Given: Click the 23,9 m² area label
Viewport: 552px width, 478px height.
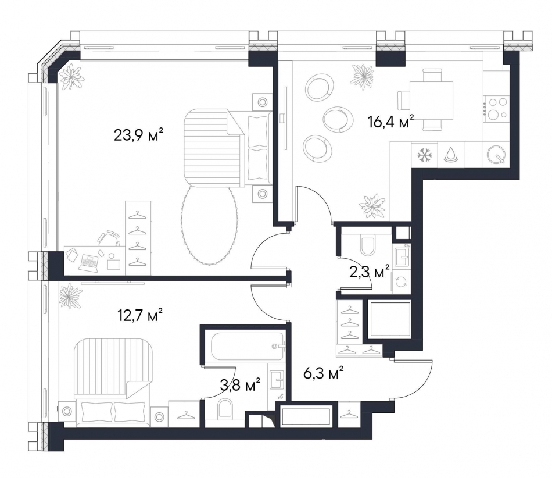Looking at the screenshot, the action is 138,134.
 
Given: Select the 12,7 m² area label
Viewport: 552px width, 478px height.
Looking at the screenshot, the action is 140,316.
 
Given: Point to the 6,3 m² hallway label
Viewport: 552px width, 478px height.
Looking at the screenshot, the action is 323,374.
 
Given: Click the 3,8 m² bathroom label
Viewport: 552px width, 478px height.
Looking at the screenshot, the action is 240,384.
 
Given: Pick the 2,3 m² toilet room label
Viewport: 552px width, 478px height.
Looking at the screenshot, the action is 370,272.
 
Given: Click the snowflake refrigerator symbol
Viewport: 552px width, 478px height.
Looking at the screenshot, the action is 425,155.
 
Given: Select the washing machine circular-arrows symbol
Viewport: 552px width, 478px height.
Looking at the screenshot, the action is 402,281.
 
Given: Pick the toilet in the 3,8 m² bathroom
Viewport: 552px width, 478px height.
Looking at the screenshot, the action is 225,409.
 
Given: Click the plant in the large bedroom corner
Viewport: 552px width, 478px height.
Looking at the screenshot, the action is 71,76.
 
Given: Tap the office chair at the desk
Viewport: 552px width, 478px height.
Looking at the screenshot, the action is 109,238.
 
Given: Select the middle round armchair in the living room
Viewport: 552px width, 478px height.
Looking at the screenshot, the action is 337,119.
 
